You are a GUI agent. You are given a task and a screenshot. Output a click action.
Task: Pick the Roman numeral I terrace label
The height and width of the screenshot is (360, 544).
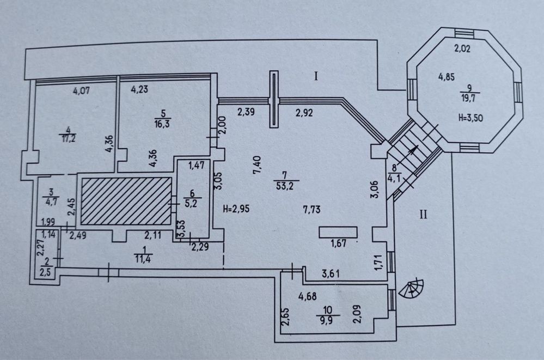(x=315, y=77)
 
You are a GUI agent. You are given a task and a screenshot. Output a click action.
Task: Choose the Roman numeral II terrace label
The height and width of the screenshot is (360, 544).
(x=423, y=213)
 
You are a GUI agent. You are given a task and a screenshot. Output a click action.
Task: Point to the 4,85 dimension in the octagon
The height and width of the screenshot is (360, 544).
(x=448, y=77)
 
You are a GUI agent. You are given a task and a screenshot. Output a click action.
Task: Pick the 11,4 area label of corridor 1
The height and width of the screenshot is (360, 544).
(x=144, y=259)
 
